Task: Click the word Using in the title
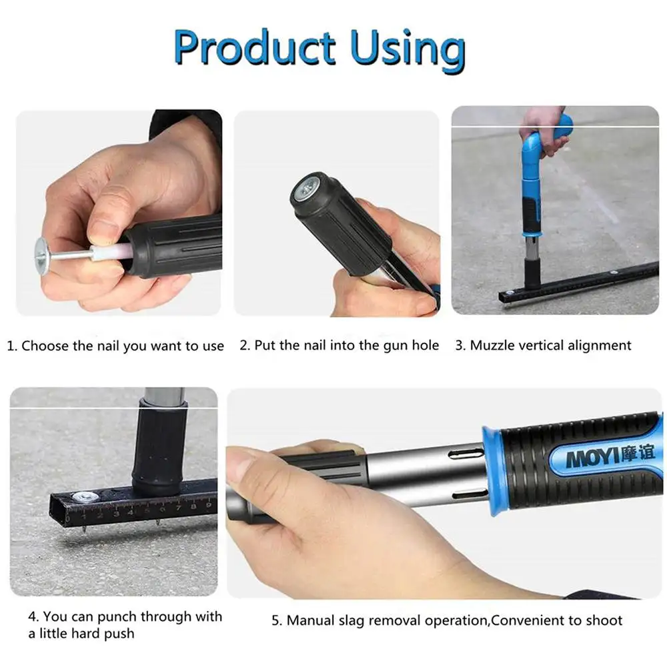click(x=408, y=50)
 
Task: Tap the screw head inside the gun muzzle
click(x=307, y=190)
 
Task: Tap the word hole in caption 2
click(x=426, y=345)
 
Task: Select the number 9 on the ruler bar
click(x=208, y=505)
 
